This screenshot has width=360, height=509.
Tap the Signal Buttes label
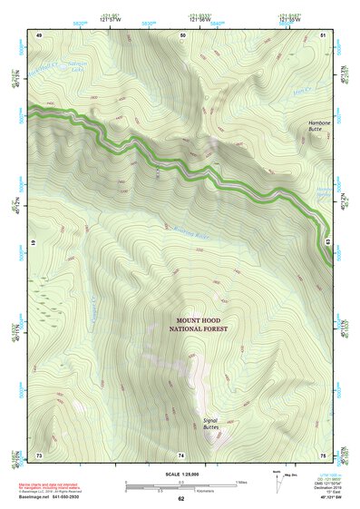(210, 422)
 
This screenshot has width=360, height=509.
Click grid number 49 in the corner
(39, 34)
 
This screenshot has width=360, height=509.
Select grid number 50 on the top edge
(183, 34)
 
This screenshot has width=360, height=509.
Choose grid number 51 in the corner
(324, 34)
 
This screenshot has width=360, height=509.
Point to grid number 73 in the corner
(39, 454)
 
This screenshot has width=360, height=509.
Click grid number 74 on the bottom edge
(181, 454)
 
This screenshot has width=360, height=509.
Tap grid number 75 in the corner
(324, 454)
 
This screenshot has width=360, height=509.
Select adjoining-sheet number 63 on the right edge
(327, 243)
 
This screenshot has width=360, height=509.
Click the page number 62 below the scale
(180, 498)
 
